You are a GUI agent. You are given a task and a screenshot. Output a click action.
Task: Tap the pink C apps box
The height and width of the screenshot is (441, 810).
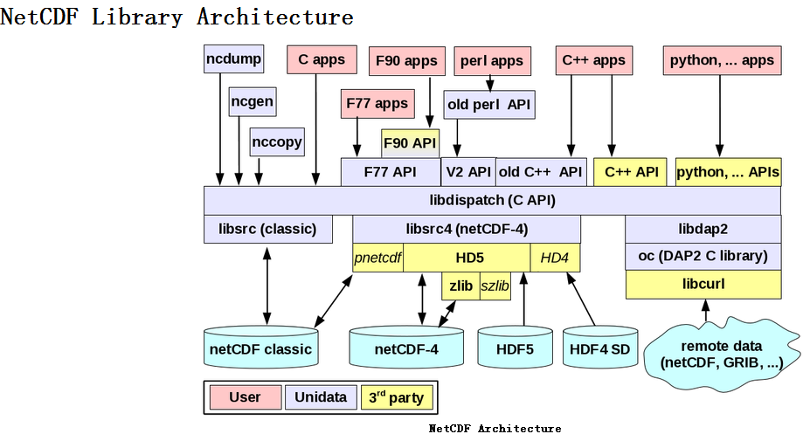(x=322, y=60)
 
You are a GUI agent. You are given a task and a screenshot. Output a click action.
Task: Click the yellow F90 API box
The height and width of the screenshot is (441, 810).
(x=410, y=142)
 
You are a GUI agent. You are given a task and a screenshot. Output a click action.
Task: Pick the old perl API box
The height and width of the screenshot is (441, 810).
(x=488, y=105)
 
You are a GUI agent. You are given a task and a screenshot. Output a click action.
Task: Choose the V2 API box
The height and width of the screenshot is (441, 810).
(x=467, y=172)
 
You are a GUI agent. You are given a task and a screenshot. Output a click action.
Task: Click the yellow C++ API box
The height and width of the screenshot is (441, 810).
(x=631, y=172)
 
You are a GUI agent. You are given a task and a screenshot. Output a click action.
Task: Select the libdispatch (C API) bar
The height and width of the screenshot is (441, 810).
(x=492, y=200)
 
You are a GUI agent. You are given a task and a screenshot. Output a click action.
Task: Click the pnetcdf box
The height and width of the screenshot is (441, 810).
(x=378, y=258)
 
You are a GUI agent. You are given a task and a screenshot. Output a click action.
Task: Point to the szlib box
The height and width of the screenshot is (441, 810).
(x=495, y=286)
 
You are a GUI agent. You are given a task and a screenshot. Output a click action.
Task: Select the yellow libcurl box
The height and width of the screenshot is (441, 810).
(x=703, y=285)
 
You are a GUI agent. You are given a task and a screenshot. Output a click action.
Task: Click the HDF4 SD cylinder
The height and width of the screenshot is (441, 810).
(x=599, y=348)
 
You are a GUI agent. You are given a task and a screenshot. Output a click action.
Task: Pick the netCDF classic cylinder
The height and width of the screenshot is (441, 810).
(x=260, y=348)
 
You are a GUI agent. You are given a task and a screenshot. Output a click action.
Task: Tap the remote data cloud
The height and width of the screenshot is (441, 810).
(x=722, y=353)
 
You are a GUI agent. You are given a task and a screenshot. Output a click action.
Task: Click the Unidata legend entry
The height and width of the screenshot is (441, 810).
(x=321, y=397)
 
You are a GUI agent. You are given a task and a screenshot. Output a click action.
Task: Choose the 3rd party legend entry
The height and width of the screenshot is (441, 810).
(x=396, y=397)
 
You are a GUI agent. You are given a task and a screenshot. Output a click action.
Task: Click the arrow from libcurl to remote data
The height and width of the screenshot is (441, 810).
(x=706, y=308)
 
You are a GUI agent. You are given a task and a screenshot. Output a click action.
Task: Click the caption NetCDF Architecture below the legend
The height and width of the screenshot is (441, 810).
(x=495, y=428)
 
